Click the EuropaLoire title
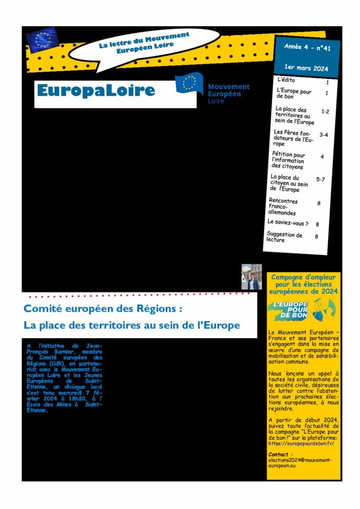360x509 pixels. click(x=96, y=91)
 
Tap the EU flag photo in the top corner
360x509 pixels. click(x=43, y=40)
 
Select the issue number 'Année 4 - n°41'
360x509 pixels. click(x=307, y=48)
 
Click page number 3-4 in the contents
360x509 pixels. click(x=324, y=135)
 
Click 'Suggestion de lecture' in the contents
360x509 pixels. click(x=284, y=237)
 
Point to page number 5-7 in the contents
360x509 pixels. click(x=320, y=179)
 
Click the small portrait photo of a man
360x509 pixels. click(x=251, y=277)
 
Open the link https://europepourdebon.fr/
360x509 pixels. click(x=301, y=443)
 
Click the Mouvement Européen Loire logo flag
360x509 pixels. click(x=189, y=83)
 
